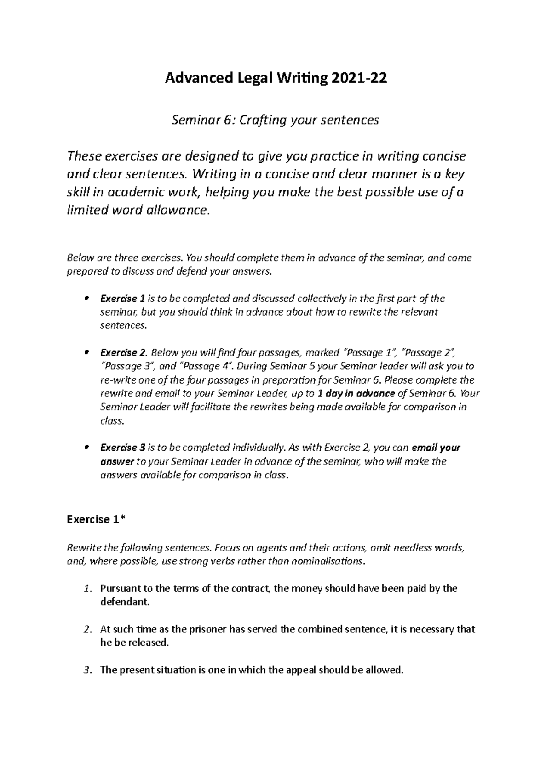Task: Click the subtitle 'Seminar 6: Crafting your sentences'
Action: tap(275, 120)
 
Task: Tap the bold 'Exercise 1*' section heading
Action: tap(96, 519)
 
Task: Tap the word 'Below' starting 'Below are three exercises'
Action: tap(79, 258)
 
